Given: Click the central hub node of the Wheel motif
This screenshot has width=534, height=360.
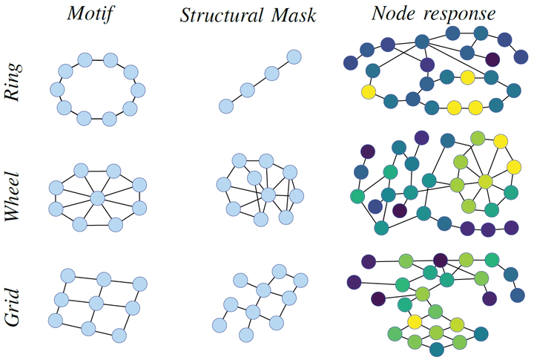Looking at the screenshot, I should point(96,197).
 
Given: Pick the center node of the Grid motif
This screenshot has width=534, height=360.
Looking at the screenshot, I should point(96,302).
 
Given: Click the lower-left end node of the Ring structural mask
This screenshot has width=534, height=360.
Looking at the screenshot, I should point(225,106).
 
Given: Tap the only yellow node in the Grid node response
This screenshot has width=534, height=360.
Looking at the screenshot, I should point(415,321).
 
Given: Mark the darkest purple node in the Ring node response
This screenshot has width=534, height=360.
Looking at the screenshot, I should point(492,59).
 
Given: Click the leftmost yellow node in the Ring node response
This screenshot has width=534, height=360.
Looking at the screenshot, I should point(368,93).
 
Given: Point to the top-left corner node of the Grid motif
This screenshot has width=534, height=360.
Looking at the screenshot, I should point(65,275).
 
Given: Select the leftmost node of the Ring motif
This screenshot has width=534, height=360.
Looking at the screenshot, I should point(56,90).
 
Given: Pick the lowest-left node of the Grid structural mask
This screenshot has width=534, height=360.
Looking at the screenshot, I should point(219,324).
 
